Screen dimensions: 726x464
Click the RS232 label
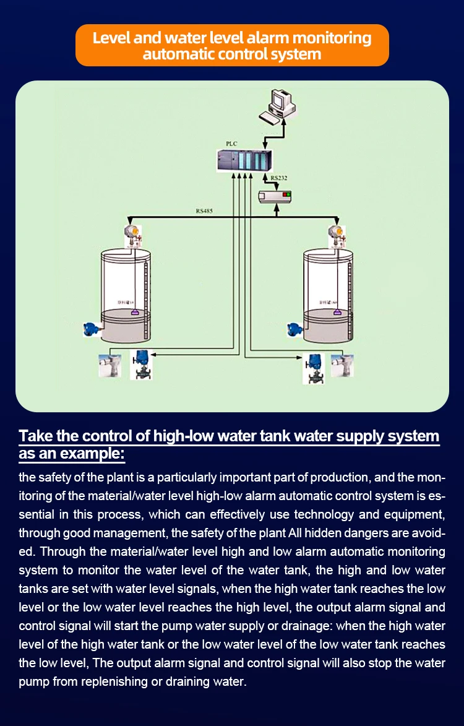(x=279, y=178)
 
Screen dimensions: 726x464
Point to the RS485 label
(x=204, y=211)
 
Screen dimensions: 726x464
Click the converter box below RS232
(x=274, y=196)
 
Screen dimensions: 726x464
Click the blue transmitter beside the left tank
(x=92, y=329)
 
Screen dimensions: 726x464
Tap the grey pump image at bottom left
(x=110, y=365)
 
